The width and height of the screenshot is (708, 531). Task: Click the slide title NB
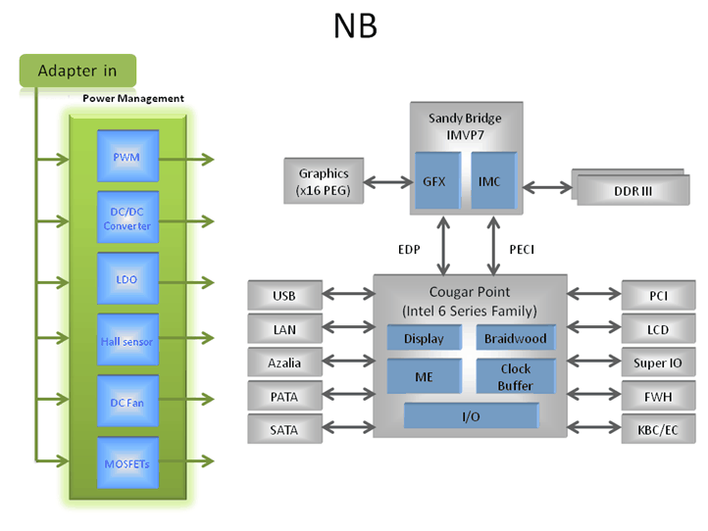tap(355, 26)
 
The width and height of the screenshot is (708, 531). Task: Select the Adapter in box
tap(76, 71)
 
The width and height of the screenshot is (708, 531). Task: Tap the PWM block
tap(126, 157)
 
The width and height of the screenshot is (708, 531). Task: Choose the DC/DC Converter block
tap(126, 218)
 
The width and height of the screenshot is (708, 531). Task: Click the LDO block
tap(126, 279)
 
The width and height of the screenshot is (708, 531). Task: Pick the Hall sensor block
tap(126, 341)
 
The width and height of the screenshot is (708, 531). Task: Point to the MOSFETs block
tap(126, 463)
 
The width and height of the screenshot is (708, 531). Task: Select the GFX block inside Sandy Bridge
tap(434, 181)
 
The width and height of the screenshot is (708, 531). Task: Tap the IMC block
tap(489, 181)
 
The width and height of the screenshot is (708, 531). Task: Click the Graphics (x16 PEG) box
tap(324, 181)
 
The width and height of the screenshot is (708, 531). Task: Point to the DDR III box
tap(632, 190)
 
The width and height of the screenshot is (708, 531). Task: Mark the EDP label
tap(408, 250)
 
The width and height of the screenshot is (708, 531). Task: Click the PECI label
tap(522, 250)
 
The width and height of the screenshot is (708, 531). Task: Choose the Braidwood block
tap(516, 339)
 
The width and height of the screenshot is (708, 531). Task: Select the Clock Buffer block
tap(516, 377)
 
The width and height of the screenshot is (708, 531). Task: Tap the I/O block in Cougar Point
tap(471, 417)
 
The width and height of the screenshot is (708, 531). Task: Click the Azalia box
tap(284, 362)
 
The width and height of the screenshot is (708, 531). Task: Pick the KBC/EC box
tap(658, 429)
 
